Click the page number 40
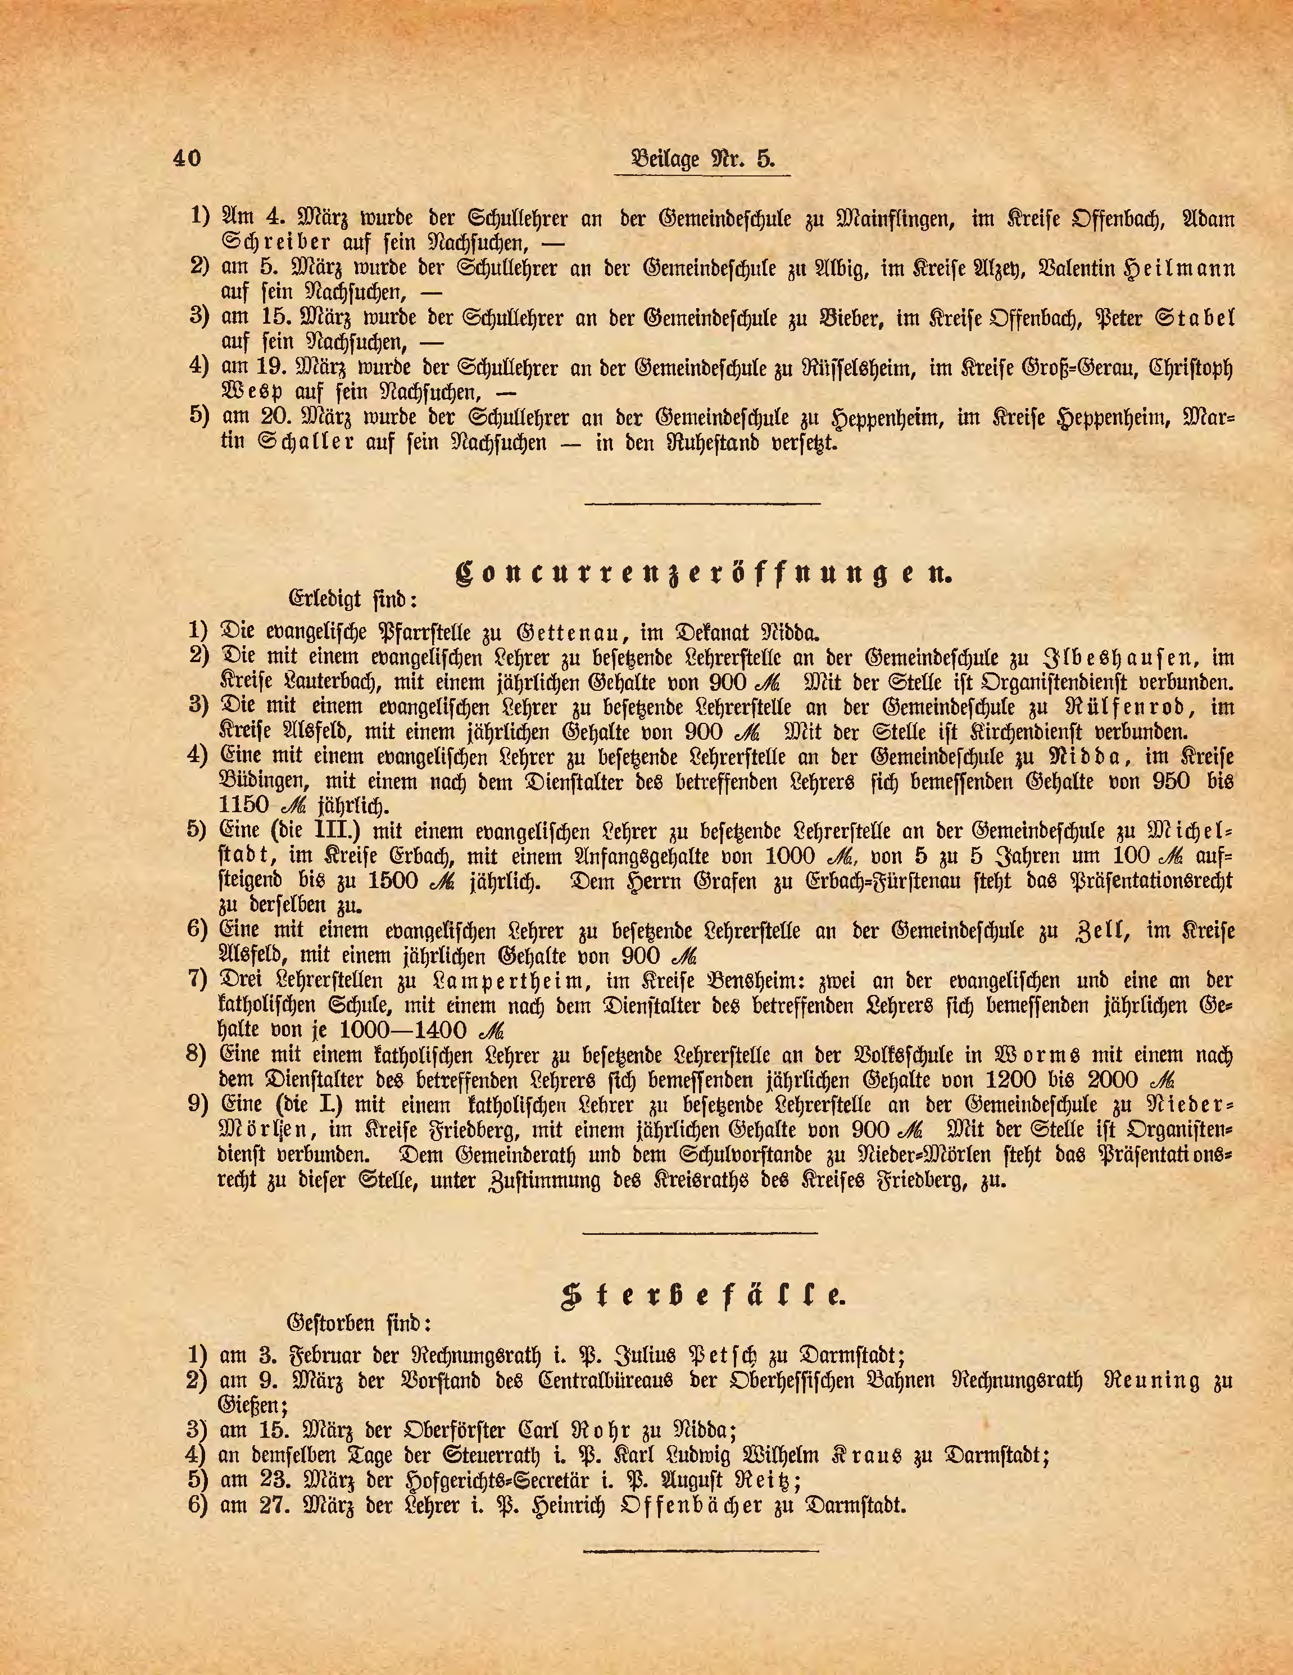tap(187, 158)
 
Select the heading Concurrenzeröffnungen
tap(702, 574)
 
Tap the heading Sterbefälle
tap(702, 1296)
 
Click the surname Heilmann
tap(1179, 269)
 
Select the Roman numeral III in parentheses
tap(333, 831)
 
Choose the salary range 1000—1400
tap(414, 1030)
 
